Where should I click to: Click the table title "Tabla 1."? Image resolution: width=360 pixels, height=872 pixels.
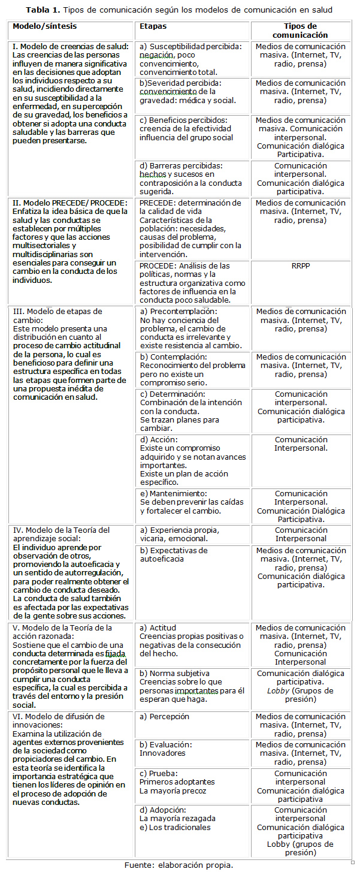point(43,10)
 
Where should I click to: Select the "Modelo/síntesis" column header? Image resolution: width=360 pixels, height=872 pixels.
point(45,26)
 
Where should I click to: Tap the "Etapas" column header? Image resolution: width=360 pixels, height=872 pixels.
point(153,26)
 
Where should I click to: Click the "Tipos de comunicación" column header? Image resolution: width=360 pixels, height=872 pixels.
point(301,31)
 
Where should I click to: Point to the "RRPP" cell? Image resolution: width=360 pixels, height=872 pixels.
point(301,265)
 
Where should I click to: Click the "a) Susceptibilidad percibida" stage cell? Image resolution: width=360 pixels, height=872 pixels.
point(190,59)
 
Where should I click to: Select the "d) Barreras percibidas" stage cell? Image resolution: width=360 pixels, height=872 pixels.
point(190,178)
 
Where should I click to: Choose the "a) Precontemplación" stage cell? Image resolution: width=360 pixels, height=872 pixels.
point(190,328)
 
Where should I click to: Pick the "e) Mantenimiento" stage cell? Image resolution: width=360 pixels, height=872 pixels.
point(190,502)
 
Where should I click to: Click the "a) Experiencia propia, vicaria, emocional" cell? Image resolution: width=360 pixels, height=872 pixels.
point(190,534)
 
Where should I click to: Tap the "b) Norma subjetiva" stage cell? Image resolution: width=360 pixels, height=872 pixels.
point(190,686)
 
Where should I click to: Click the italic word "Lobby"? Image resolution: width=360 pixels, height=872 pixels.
point(279,690)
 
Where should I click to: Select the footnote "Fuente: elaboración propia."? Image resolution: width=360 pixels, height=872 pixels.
point(179,864)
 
